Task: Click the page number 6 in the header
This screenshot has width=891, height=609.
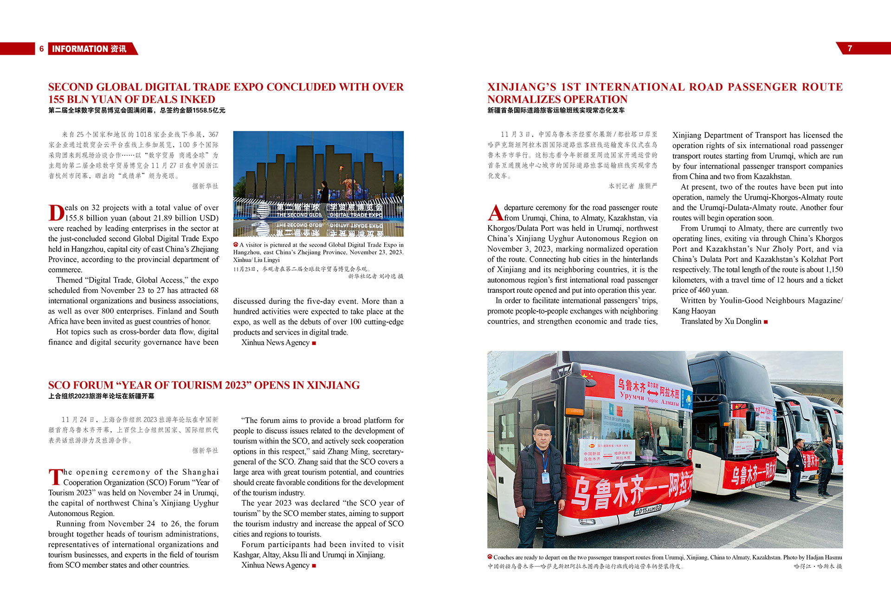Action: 41,49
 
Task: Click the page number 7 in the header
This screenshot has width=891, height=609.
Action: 850,48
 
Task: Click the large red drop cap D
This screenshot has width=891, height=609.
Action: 56,213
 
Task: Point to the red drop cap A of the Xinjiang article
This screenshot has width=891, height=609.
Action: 495,213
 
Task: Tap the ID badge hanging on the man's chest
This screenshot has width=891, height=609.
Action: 545,477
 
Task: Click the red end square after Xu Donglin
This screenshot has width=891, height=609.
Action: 766,322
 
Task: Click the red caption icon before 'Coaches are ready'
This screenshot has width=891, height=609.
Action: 490,557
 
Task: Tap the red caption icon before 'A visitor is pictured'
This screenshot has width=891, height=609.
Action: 236,245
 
